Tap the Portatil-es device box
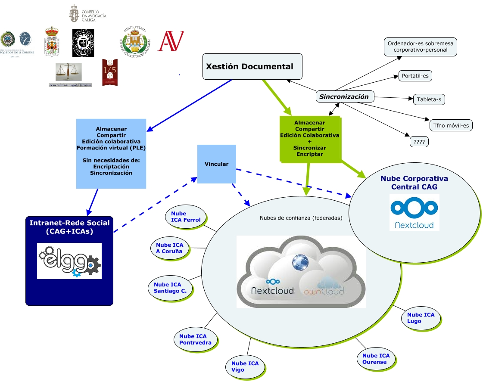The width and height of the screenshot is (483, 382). [415, 76]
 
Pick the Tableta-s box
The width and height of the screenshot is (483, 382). [429, 99]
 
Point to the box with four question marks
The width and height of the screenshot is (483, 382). [419, 141]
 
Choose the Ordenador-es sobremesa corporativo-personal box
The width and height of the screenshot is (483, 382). [420, 47]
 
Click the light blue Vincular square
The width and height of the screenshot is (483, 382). [217, 164]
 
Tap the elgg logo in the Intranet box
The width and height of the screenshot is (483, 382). [69, 261]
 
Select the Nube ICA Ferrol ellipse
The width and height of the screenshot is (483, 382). [186, 217]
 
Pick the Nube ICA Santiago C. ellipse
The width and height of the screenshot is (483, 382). [170, 288]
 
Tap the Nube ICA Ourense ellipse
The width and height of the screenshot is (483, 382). [376, 359]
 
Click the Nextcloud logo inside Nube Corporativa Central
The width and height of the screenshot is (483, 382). [414, 212]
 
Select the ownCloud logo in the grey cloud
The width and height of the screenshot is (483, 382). [330, 286]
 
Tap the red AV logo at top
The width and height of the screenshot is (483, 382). [171, 40]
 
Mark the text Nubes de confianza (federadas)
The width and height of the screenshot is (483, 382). [301, 218]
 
